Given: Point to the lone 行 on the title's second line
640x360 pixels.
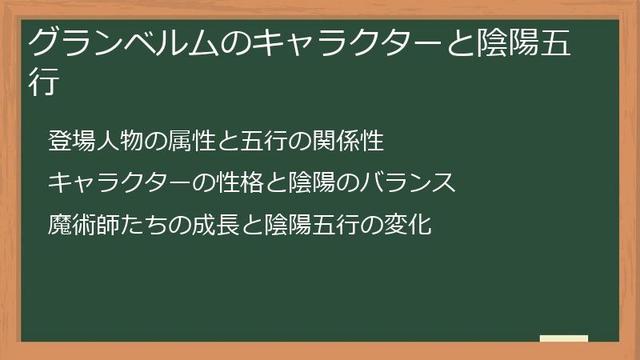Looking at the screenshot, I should pyautogui.click(x=44, y=82).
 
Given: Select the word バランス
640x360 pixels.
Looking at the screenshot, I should pyautogui.click(x=407, y=183).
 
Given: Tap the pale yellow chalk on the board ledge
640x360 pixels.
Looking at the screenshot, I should pyautogui.click(x=564, y=338).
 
